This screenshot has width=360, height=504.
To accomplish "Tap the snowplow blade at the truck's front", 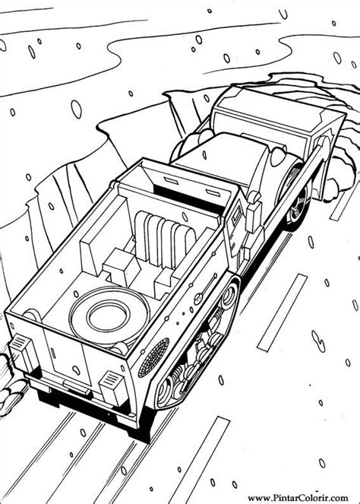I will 281,114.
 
